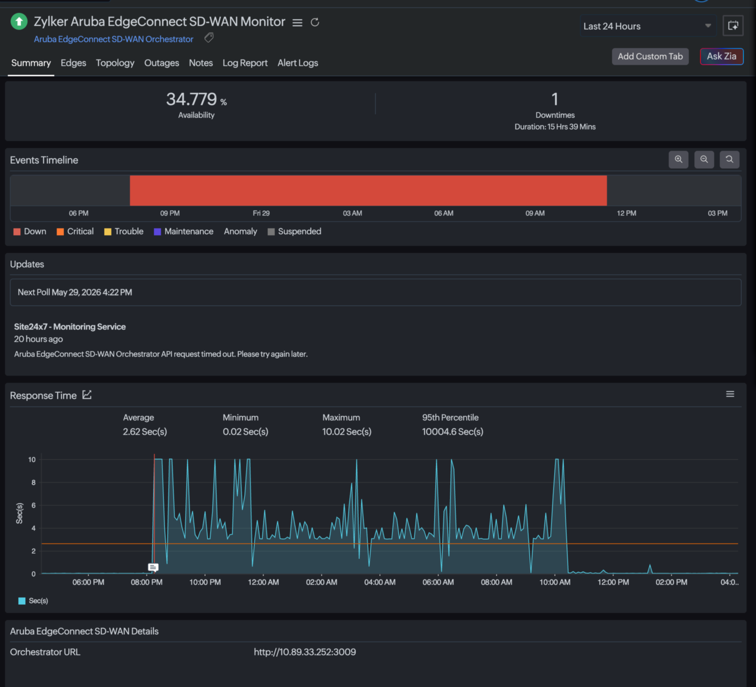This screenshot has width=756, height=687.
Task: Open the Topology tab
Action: [x=115, y=63]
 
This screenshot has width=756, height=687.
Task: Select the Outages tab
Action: [x=162, y=63]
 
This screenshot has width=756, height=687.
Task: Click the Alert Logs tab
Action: [x=298, y=63]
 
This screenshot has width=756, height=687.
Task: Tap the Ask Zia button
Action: [x=721, y=56]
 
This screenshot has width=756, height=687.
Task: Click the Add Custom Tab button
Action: [x=650, y=56]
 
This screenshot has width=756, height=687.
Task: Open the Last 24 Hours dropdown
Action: [x=648, y=26]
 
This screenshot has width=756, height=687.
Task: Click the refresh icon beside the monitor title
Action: [x=315, y=22]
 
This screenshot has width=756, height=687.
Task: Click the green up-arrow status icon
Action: [x=19, y=21]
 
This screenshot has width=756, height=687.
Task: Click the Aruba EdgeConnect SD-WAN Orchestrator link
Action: [x=114, y=39]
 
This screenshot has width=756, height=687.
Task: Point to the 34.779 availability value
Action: [x=192, y=99]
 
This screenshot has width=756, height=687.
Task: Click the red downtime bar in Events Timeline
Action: [x=368, y=190]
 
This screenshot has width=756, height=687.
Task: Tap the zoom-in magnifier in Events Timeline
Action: [x=679, y=160]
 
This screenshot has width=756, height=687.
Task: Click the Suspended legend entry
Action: [x=294, y=231]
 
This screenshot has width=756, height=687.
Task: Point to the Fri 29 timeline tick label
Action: [x=261, y=213]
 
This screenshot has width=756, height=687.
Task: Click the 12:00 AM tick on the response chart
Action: [x=263, y=582]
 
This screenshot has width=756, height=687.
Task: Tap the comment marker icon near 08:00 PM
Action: [x=153, y=567]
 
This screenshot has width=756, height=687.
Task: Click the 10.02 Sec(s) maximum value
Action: [x=347, y=432]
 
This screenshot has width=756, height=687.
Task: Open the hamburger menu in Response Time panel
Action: [x=730, y=394]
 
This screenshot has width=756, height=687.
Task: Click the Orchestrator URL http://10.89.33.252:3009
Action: [x=305, y=652]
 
